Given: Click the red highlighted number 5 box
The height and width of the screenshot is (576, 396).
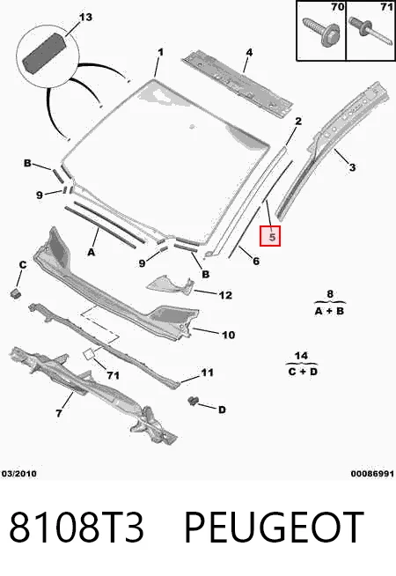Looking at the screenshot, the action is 270,236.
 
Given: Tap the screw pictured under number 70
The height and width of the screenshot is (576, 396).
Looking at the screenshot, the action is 321,32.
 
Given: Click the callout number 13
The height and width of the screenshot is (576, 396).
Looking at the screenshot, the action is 85,18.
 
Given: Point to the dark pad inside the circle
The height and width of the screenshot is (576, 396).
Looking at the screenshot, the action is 45,53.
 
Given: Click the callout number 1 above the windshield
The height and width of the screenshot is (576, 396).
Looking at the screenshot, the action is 160,53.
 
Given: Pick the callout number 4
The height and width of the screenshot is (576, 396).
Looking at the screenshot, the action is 249,53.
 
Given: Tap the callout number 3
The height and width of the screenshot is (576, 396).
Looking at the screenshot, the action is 352,167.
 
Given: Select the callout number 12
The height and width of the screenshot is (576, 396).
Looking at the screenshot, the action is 225,295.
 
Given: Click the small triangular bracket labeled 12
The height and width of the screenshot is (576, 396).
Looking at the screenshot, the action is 170,285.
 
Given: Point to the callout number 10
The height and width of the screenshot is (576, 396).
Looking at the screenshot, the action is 228,335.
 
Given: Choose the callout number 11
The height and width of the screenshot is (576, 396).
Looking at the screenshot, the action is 207,373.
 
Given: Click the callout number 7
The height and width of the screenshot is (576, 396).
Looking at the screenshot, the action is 59,414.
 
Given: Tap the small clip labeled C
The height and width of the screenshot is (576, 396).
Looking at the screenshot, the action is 15,293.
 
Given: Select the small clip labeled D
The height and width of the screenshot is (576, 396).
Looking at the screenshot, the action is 192,401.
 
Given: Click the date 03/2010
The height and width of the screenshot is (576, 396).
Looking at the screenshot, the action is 19,474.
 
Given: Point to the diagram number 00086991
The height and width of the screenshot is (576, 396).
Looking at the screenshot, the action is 372,474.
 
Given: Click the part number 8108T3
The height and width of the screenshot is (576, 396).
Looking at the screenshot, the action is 77,528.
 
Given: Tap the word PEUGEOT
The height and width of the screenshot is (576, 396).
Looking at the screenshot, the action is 274,528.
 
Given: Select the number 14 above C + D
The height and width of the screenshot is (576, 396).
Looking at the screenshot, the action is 301,356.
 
